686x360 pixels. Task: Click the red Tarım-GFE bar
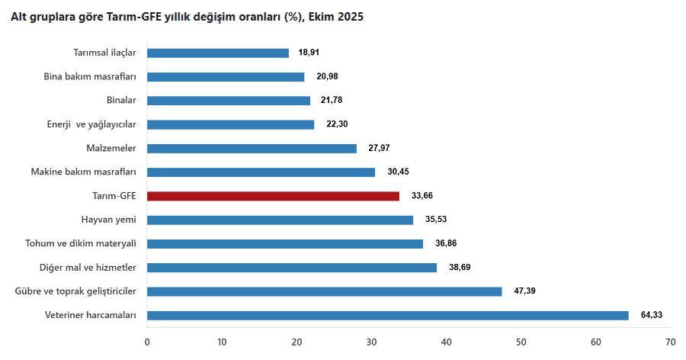pos(273,196)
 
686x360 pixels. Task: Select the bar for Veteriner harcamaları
pos(387,315)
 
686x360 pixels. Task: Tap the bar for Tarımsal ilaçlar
pos(218,53)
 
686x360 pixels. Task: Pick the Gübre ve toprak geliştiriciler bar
pos(324,291)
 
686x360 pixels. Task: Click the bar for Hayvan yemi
pos(280,220)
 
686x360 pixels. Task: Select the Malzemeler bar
pos(252,148)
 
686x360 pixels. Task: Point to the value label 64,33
pos(652,315)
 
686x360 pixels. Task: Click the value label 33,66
pos(423,196)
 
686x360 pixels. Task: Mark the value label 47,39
pos(526,291)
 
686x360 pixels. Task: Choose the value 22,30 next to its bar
pos(336,124)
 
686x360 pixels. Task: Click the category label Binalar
pos(121,101)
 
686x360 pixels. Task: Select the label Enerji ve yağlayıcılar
pos(91,124)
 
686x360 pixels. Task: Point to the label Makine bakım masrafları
pos(83,172)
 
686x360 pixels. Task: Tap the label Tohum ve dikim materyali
pos(81,243)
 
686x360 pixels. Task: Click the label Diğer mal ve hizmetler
pos(88,268)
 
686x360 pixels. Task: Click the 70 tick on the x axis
pos(670,341)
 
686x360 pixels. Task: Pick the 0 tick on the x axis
pos(147,341)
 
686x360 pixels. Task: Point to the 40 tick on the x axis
pos(446,341)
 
